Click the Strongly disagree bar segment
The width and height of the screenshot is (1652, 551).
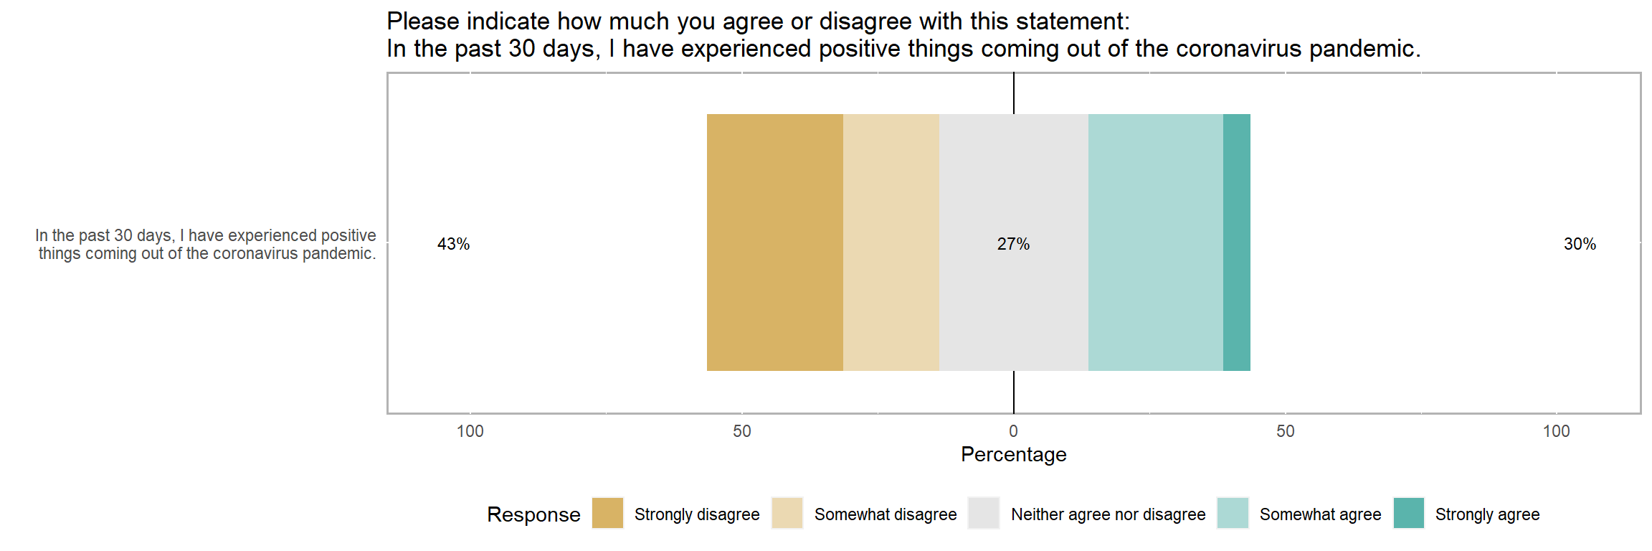click(x=774, y=242)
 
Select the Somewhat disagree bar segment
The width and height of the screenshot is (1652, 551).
click(x=891, y=242)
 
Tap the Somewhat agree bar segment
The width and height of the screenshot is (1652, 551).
click(x=1155, y=242)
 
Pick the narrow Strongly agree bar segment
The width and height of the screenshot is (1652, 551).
click(x=1236, y=242)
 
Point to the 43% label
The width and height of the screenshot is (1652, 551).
click(x=453, y=244)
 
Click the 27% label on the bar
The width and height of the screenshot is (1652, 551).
click(x=1013, y=244)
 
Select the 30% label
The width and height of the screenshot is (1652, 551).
click(x=1580, y=244)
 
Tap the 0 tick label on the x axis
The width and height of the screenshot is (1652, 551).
click(x=1013, y=431)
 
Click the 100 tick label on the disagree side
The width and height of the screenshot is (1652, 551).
click(x=470, y=431)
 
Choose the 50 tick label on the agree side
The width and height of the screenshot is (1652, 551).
click(x=1285, y=431)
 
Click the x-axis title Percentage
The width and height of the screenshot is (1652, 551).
click(x=1013, y=454)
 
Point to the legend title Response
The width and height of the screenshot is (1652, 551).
click(x=533, y=514)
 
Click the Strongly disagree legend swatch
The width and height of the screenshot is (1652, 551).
click(x=608, y=513)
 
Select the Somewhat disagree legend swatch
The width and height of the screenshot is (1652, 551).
click(x=787, y=513)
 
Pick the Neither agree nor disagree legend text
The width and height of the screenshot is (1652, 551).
click(x=1108, y=514)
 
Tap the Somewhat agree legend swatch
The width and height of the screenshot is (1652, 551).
click(x=1233, y=513)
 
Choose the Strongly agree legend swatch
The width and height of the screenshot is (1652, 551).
click(x=1409, y=513)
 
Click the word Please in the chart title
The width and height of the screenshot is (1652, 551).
click(x=423, y=22)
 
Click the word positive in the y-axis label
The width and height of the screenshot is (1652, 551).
click(x=348, y=235)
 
